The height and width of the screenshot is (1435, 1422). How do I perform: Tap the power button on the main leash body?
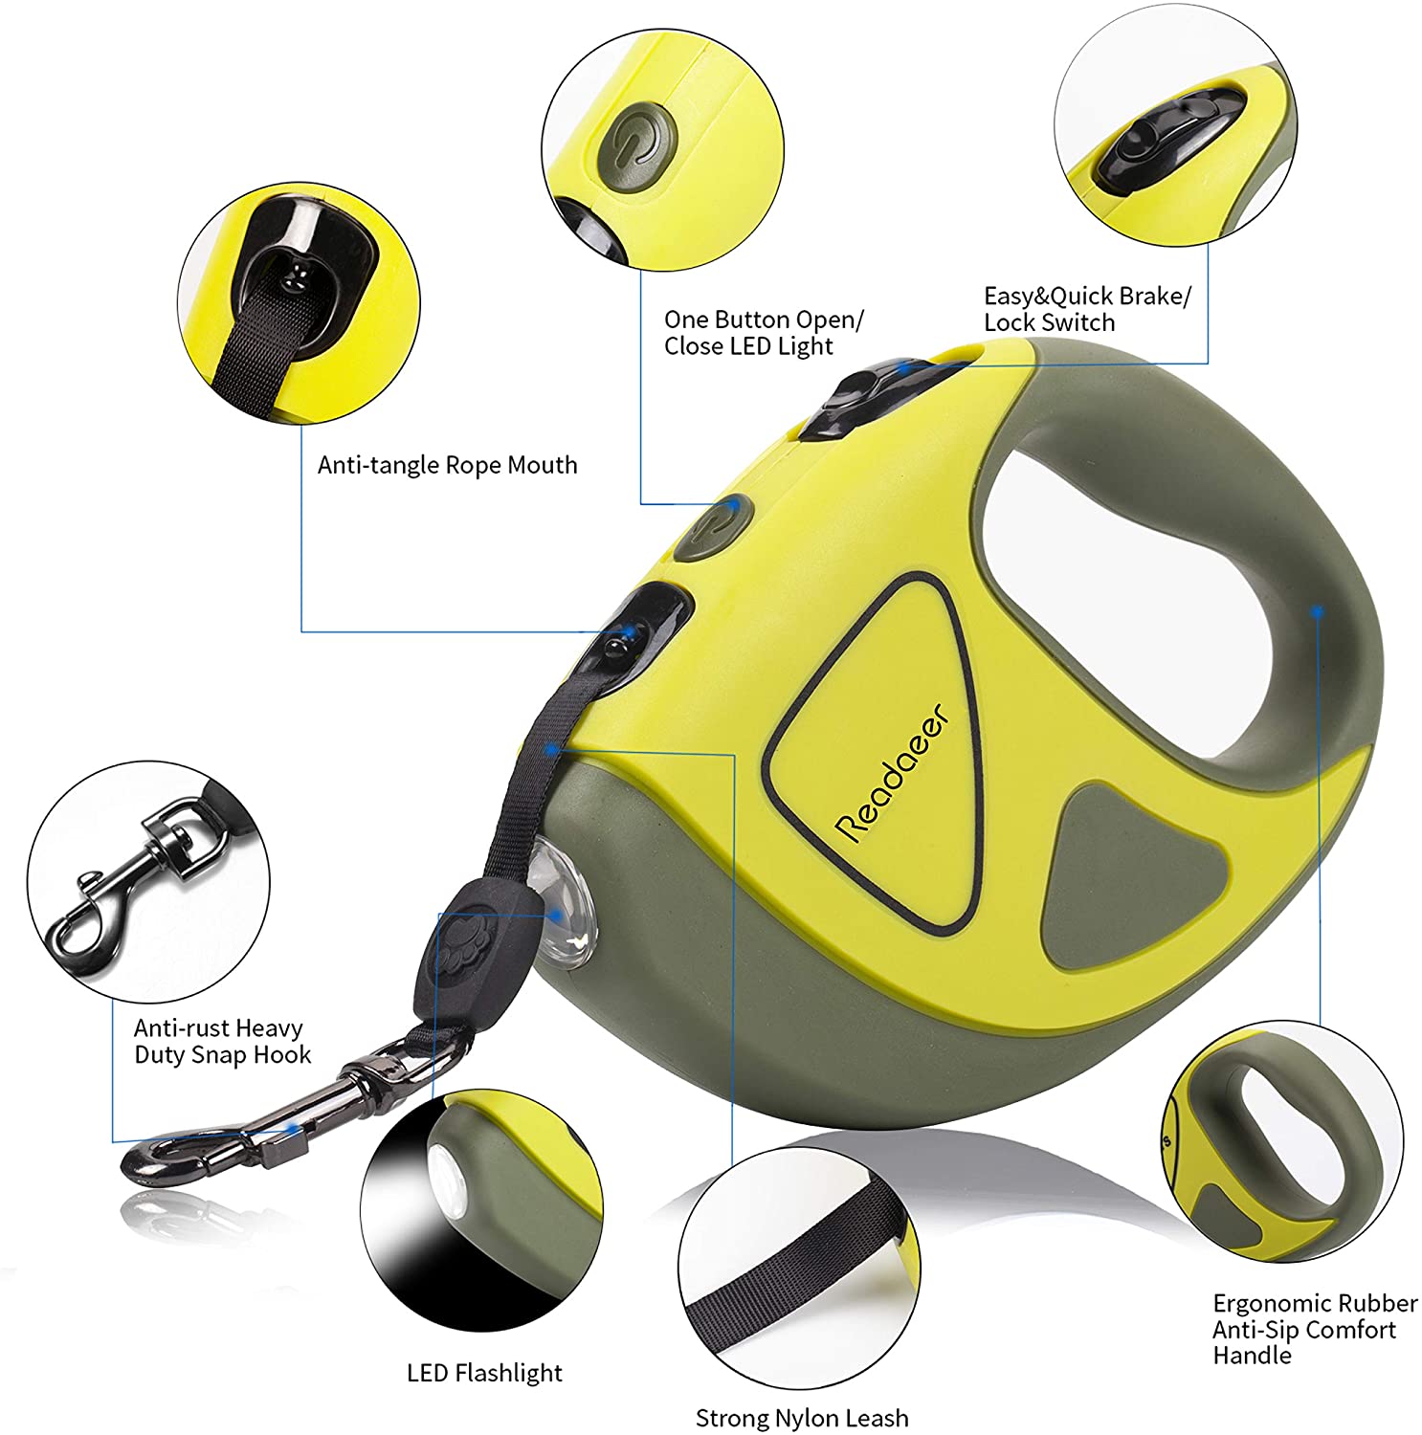point(711,527)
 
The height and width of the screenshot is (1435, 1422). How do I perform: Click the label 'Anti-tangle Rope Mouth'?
point(447,465)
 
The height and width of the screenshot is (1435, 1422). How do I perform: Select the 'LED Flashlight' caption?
point(484,1373)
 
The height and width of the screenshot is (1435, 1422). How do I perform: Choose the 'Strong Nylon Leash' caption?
point(801,1418)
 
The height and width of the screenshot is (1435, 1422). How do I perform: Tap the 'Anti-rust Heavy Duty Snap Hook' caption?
point(222,1041)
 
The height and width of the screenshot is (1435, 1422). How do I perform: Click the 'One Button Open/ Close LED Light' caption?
point(764,332)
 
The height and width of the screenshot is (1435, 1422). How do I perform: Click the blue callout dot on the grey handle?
point(1318,608)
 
